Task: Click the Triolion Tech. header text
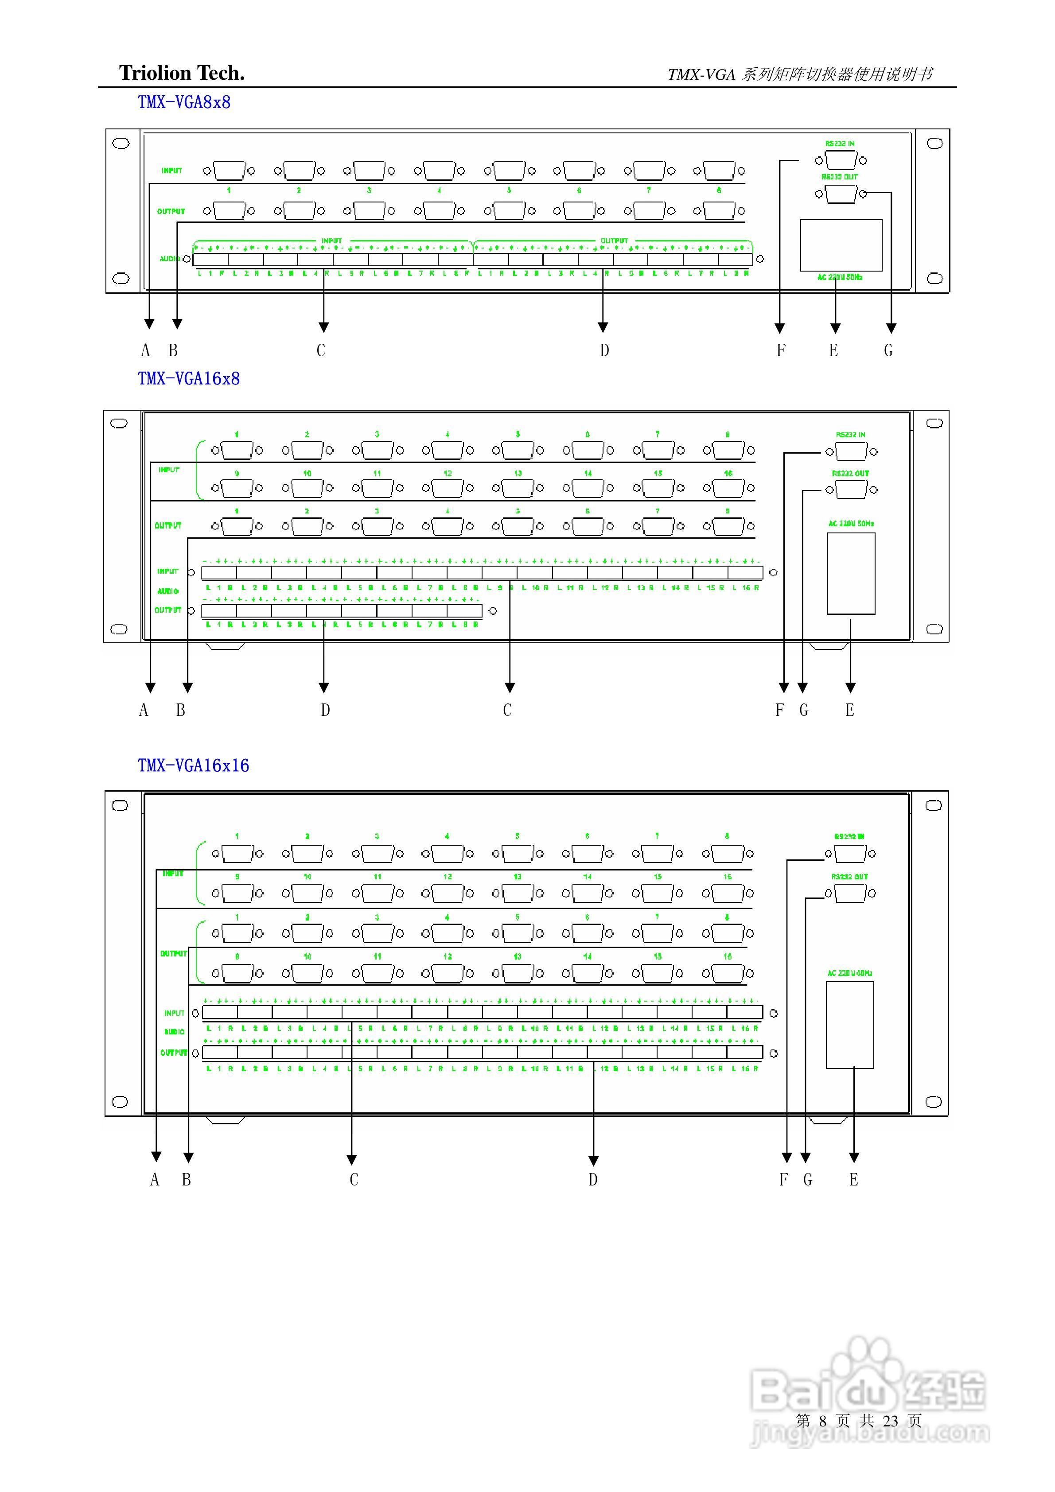click(x=182, y=73)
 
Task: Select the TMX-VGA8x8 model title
click(x=184, y=103)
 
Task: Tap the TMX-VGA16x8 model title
click(x=188, y=378)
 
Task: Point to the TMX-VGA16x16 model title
click(x=193, y=765)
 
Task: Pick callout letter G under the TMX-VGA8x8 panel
click(x=888, y=351)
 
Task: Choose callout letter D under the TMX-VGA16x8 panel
click(x=325, y=710)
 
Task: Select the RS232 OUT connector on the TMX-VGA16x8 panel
click(x=851, y=490)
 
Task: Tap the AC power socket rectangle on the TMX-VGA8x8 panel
click(x=841, y=245)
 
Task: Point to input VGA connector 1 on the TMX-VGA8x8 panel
click(x=229, y=171)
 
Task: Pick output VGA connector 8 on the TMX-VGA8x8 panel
click(x=719, y=210)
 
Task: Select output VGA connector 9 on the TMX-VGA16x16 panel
click(x=237, y=973)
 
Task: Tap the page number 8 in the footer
click(x=822, y=1421)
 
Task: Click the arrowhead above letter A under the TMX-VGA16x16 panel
click(x=156, y=1157)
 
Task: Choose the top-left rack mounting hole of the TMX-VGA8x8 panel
click(x=121, y=144)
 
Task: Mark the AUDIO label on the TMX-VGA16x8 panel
click(x=167, y=591)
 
